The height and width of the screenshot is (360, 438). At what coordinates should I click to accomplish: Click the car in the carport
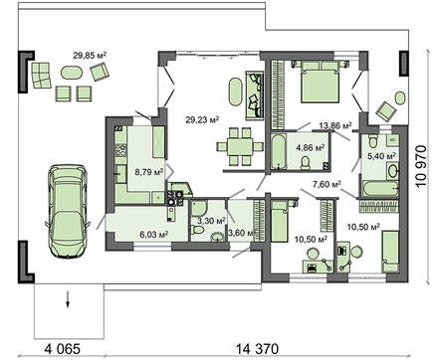tap(67, 211)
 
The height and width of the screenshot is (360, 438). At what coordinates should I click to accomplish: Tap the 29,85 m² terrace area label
tap(90, 55)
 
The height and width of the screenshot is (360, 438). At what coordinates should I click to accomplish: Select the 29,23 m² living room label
tap(202, 119)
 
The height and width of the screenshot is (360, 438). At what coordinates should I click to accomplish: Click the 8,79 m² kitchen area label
tap(149, 172)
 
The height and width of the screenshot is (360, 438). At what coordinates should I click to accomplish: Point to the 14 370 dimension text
tap(257, 349)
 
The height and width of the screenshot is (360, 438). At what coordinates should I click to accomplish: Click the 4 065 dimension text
tap(63, 349)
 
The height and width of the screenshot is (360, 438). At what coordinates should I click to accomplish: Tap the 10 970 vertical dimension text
tap(421, 166)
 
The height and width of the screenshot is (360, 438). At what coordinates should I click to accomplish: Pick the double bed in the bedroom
tap(321, 81)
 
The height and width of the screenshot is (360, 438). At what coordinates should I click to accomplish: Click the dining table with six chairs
tap(240, 146)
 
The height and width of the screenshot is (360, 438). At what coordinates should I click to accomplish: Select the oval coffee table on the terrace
tap(71, 73)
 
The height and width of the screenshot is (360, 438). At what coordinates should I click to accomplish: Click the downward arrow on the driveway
tap(68, 299)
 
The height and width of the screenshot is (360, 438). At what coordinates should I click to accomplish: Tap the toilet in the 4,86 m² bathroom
tap(306, 163)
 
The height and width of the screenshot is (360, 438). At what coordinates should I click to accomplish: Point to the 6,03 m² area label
tap(154, 235)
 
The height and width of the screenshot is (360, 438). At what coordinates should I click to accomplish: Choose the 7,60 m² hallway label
tap(328, 184)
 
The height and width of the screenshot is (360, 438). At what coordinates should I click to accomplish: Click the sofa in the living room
tap(255, 95)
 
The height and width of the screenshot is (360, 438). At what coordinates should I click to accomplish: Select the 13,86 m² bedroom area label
tap(335, 125)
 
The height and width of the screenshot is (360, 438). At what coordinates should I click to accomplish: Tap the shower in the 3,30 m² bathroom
tap(199, 208)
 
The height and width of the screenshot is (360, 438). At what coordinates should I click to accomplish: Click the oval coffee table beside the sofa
tap(236, 91)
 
